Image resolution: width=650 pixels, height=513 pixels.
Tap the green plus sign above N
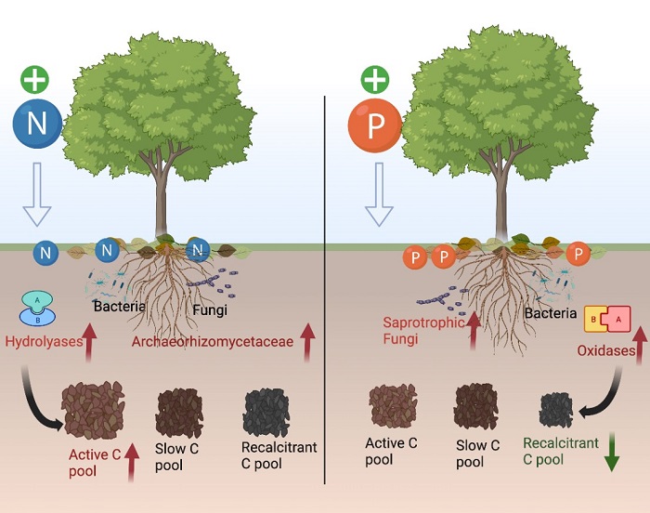click(35, 78)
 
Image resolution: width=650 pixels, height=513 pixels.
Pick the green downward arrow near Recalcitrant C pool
click(613, 454)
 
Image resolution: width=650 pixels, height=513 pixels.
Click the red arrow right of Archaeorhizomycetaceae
click(305, 341)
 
